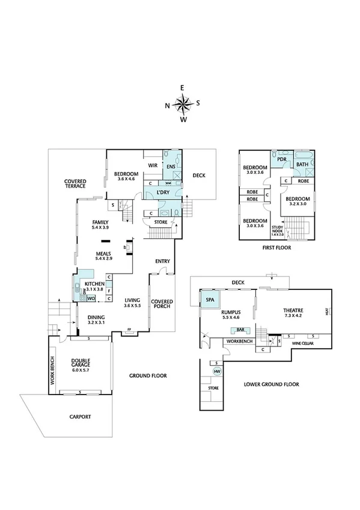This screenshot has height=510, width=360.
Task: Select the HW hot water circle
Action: [217, 372]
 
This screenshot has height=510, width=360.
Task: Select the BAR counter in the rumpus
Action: [240, 330]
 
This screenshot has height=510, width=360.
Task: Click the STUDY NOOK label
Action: [276, 231]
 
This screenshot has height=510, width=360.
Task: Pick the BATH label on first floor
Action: [302, 164]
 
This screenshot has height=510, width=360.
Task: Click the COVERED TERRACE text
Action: [76, 183]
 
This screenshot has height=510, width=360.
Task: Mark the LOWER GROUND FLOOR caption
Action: [271, 384]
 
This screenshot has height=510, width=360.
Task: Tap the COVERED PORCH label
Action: [162, 304]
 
